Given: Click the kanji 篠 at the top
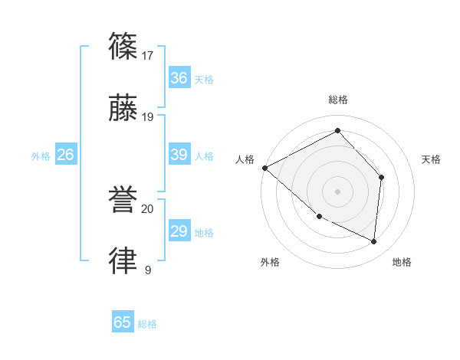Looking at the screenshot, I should (123, 46).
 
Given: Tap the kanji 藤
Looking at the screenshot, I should (123, 108).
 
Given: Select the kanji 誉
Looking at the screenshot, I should (123, 201).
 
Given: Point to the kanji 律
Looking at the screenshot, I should (123, 261).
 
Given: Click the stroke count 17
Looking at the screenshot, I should (148, 55).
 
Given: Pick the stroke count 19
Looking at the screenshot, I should (148, 117).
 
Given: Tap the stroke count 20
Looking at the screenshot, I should (148, 208).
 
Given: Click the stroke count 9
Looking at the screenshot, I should (147, 270).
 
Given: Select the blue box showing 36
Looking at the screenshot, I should (179, 78).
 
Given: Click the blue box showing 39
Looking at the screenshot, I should (179, 155).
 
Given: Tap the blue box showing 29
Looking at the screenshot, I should (179, 231).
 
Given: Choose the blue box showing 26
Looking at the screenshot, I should (65, 155).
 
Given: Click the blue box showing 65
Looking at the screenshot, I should (123, 322).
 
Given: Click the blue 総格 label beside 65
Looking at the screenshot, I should (147, 324).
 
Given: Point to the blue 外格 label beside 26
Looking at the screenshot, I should (41, 156).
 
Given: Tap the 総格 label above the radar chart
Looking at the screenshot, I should (337, 100).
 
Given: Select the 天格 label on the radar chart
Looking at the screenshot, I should (431, 159).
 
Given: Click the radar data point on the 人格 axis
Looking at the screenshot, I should (264, 168).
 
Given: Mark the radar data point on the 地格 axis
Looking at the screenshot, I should (373, 241).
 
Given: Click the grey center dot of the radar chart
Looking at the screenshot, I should (337, 191).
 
